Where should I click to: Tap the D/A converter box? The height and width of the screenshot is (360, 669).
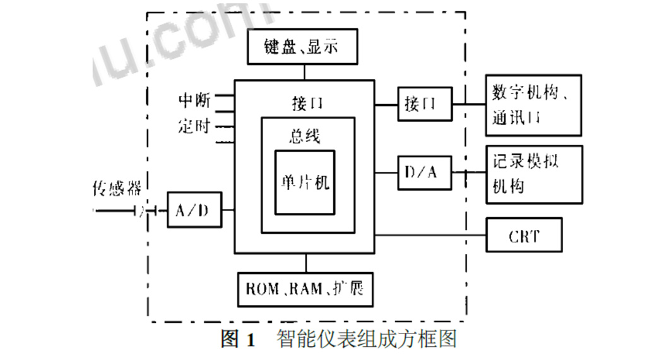[425, 172]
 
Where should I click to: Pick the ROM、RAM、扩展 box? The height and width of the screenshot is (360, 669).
[305, 289]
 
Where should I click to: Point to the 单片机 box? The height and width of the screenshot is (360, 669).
[305, 183]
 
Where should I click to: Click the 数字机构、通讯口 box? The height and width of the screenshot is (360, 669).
[533, 105]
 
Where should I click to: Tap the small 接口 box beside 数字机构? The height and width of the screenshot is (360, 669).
[425, 104]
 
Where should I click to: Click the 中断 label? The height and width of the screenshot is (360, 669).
[194, 100]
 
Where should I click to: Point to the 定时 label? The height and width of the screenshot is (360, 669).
[194, 125]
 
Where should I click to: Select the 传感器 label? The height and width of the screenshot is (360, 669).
[117, 188]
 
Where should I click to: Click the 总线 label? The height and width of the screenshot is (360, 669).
[305, 135]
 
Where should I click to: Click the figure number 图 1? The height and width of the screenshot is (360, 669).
[238, 340]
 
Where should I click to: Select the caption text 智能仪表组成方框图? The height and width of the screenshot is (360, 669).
[366, 340]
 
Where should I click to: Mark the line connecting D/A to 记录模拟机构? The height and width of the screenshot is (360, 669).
[469, 172]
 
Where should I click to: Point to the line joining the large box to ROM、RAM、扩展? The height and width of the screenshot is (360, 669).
[305, 263]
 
